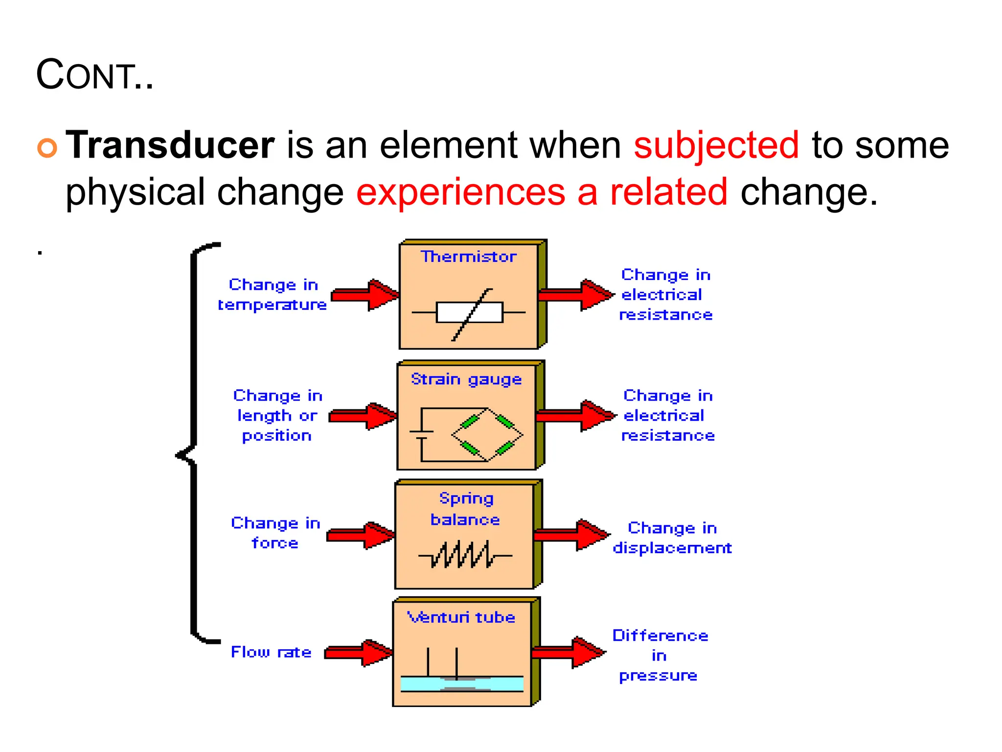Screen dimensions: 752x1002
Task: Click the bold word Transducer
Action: point(170,145)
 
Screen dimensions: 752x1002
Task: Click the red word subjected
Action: point(716,145)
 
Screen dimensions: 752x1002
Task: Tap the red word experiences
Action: point(460,192)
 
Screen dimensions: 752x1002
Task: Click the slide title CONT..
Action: point(94,75)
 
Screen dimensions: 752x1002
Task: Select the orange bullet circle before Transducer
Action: point(47,147)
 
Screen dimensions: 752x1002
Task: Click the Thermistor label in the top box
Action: point(468,257)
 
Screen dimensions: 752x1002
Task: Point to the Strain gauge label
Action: point(466,379)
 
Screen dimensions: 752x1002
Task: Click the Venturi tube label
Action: point(461,617)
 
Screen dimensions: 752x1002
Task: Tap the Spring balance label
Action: point(465,509)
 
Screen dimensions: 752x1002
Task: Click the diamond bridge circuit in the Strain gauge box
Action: point(487,435)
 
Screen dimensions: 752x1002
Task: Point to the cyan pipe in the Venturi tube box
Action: point(462,683)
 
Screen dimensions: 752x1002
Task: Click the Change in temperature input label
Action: point(273,295)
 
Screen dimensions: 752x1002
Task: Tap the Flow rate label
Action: point(271,652)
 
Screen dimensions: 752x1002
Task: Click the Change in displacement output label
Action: point(672,538)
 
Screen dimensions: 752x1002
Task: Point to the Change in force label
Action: point(275,533)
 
